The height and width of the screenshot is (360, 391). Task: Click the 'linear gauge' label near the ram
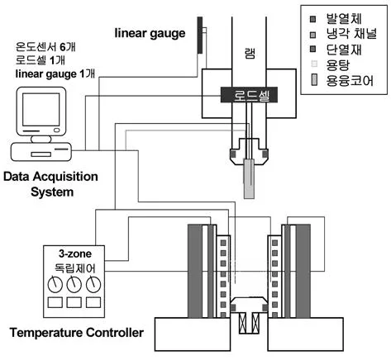click(150, 34)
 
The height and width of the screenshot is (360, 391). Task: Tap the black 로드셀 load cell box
click(249, 95)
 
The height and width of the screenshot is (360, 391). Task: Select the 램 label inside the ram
click(250, 54)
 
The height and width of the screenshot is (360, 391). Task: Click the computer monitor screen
click(41, 110)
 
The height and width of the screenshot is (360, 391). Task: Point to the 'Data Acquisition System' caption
click(50, 184)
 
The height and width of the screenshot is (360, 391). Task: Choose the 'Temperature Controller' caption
click(77, 333)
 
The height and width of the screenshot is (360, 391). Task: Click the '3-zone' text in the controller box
click(75, 253)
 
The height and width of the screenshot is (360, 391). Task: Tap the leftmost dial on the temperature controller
click(55, 285)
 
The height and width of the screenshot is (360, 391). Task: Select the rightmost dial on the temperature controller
click(93, 285)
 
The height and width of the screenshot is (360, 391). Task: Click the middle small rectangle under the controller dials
click(74, 302)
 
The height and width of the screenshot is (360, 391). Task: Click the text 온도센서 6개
click(45, 47)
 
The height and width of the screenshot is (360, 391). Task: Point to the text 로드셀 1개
click(41, 60)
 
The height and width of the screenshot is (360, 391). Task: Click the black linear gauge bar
click(200, 35)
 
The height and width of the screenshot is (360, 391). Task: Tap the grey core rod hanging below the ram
click(249, 178)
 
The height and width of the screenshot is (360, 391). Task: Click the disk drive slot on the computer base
click(41, 154)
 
